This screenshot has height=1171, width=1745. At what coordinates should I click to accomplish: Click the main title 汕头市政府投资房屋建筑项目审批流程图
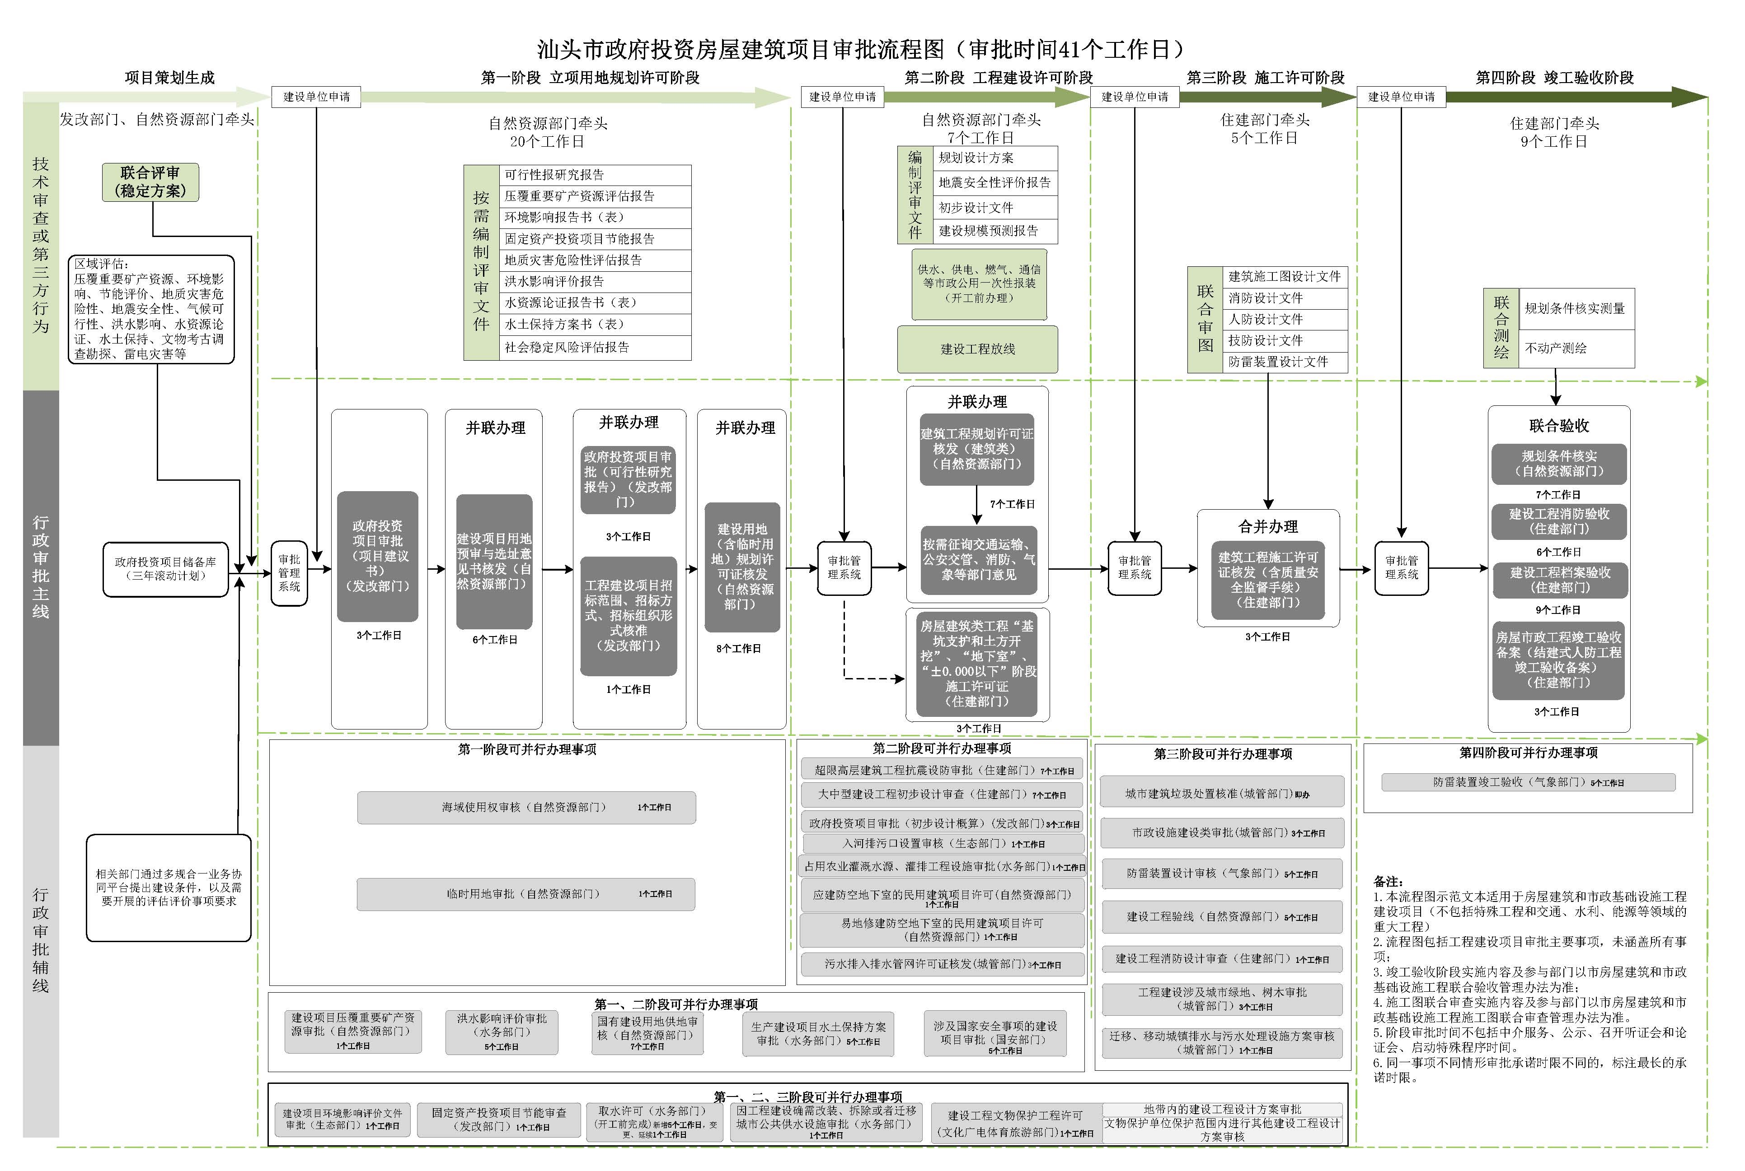point(859,49)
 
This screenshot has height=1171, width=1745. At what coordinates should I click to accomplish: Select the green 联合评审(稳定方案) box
point(150,182)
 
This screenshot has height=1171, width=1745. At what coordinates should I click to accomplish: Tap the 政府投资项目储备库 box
point(165,569)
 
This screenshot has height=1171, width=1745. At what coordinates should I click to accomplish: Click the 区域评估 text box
point(151,309)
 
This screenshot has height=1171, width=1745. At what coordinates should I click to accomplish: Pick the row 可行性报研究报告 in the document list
point(594,175)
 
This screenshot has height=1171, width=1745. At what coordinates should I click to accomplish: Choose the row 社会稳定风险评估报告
point(594,347)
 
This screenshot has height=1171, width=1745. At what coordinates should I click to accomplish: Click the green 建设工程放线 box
point(977,349)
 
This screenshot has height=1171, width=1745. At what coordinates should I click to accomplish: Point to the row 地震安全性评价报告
point(994,182)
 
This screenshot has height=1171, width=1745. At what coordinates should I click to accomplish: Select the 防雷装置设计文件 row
point(1284,362)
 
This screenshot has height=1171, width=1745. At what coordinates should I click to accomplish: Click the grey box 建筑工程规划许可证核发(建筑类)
point(977,449)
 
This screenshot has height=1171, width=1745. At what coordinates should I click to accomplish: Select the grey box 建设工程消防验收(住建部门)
point(1558,521)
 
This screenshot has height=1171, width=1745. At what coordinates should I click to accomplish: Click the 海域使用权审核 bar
point(526,807)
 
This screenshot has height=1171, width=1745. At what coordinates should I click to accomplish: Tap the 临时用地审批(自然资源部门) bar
point(525,894)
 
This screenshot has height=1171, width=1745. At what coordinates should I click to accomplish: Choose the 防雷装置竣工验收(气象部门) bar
point(1528,782)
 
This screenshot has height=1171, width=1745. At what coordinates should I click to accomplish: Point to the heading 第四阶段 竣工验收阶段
point(1554,78)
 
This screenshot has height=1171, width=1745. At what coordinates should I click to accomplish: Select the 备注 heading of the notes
point(1388,881)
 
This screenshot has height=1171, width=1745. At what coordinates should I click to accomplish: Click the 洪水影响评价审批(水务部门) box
point(502,1032)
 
